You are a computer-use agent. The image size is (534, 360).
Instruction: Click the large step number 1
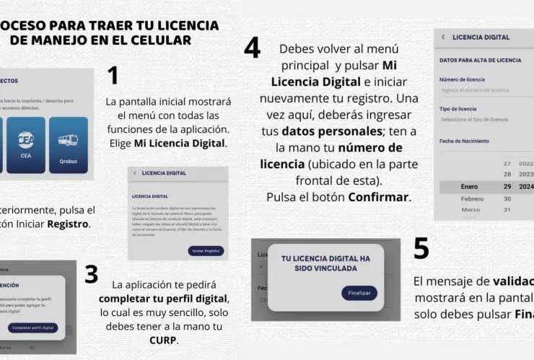(x=113, y=76)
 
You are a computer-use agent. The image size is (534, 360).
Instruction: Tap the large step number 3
(x=91, y=274)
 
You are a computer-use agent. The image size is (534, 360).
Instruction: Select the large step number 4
(x=252, y=48)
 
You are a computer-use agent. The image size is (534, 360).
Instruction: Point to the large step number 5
(x=421, y=249)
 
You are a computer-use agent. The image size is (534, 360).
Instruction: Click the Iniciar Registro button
(x=205, y=250)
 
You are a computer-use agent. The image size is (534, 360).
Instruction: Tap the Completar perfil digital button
(x=33, y=328)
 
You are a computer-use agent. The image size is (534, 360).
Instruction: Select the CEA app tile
(x=26, y=144)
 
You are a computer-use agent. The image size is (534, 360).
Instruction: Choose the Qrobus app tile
(x=69, y=144)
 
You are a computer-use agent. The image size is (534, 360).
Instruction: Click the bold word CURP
(x=163, y=340)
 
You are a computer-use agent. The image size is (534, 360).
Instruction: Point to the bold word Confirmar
(x=379, y=197)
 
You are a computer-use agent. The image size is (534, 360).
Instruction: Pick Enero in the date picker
(x=469, y=187)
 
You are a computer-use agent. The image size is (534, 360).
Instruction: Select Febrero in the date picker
(x=472, y=198)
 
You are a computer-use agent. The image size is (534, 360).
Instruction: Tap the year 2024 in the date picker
(x=525, y=187)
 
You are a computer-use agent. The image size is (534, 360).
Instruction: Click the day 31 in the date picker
(x=507, y=210)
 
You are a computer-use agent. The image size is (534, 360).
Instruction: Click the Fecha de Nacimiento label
(x=464, y=141)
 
